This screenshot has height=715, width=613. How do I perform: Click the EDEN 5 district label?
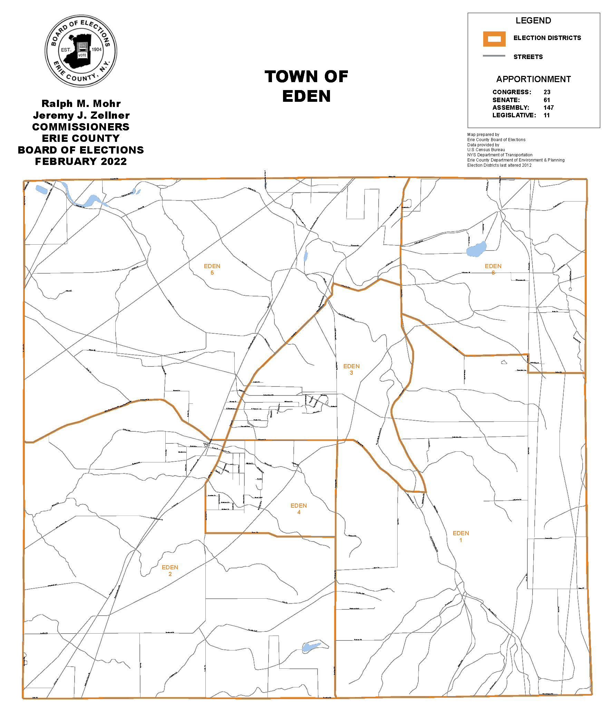tap(212, 269)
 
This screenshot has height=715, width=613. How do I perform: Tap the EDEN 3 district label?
tap(351, 369)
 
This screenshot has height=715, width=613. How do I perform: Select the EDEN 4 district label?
tap(299, 509)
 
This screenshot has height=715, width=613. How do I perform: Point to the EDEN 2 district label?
tap(170, 570)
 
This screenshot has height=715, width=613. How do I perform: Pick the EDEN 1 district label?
tap(461, 537)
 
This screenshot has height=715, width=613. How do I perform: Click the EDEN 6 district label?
tap(493, 269)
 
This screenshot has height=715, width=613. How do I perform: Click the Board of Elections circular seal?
tap(81, 51)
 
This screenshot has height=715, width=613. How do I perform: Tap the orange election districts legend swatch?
tap(494, 39)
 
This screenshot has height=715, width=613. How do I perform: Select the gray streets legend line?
tap(494, 56)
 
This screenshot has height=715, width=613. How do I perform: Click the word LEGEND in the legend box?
tap(533, 21)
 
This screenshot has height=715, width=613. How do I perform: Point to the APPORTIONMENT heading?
tap(533, 79)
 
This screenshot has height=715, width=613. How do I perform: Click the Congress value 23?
tap(547, 92)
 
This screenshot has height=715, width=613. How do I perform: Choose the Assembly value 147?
tap(548, 108)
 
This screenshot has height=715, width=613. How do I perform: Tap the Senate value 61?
tap(547, 100)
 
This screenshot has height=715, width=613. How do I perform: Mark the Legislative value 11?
tap(546, 115)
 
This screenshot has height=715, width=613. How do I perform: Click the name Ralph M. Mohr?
tap(81, 104)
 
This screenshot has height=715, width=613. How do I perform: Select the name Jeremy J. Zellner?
tap(81, 115)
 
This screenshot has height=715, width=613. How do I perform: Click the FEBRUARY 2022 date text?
tap(81, 161)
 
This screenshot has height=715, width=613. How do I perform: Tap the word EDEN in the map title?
tap(306, 96)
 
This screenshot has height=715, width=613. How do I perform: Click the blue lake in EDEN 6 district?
tap(476, 249)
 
